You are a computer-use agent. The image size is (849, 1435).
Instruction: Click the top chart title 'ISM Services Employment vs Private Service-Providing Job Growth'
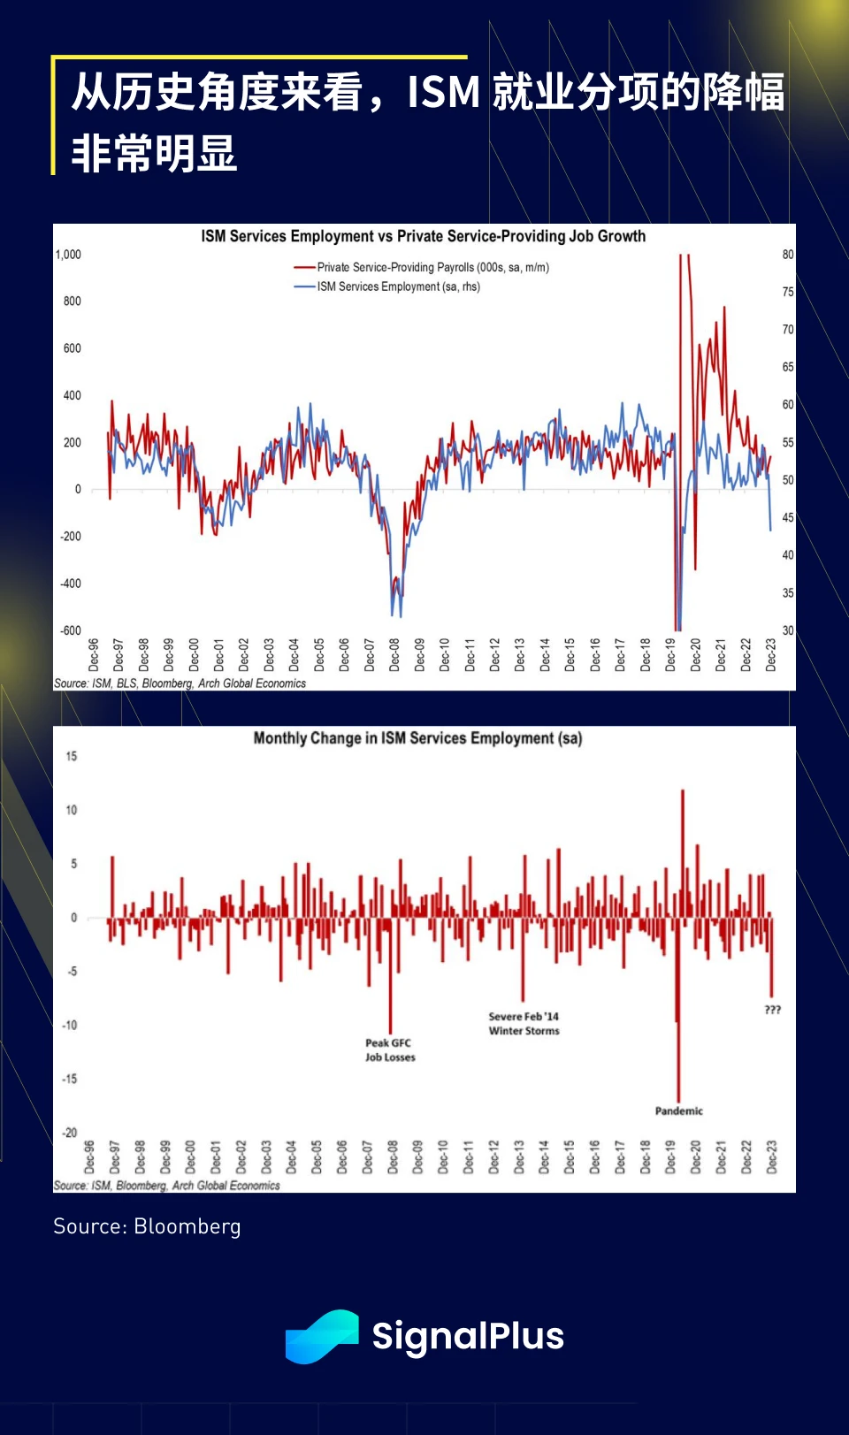(423, 236)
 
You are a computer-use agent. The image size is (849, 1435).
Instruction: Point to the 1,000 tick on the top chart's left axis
(68, 255)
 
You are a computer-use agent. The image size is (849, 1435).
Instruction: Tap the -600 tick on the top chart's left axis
(70, 630)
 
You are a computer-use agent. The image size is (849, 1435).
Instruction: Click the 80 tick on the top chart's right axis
(787, 255)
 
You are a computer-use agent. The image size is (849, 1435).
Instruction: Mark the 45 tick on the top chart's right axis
(787, 517)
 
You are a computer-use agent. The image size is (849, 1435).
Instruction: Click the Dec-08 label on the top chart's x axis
(394, 655)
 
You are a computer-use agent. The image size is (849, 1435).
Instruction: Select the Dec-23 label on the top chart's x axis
(770, 655)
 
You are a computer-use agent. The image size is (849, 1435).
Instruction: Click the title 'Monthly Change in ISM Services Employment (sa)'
(417, 738)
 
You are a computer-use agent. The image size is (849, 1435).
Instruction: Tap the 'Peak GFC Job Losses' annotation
(390, 1050)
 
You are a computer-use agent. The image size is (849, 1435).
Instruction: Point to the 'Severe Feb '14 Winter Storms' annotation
(524, 1023)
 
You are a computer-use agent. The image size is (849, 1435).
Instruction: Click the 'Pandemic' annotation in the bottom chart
(678, 1111)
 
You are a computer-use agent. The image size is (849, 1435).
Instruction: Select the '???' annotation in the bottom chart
(772, 1010)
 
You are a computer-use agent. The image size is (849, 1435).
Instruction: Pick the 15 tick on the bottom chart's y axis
(71, 757)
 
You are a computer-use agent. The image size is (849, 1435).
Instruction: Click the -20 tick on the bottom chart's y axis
(69, 1133)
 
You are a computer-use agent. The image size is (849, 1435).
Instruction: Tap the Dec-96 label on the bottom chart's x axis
(89, 1157)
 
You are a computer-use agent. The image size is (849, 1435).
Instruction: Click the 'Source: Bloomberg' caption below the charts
(147, 1226)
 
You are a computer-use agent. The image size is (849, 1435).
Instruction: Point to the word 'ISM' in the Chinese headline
(443, 92)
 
